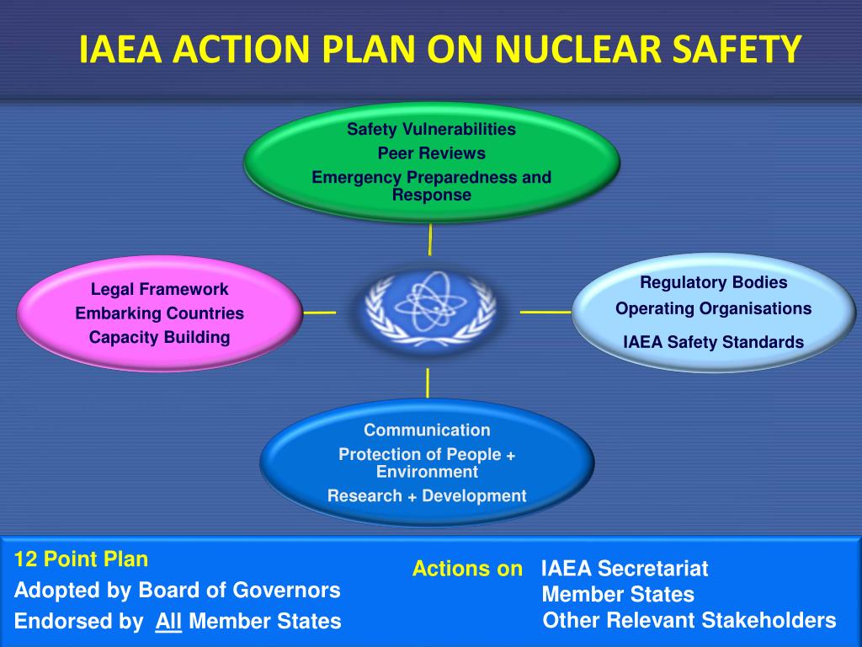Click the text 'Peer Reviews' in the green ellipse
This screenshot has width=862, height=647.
click(x=431, y=153)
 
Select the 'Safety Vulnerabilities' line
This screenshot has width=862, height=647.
click(x=431, y=130)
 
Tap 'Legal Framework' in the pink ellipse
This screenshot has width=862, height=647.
click(x=159, y=290)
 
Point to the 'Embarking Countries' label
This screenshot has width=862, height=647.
click(x=159, y=313)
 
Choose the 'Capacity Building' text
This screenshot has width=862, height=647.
click(x=159, y=337)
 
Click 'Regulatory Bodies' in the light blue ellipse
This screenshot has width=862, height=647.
click(x=713, y=282)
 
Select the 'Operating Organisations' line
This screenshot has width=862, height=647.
click(x=713, y=308)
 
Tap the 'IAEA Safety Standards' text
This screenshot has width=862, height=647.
click(x=713, y=342)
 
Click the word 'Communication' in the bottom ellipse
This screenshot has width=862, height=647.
click(x=427, y=430)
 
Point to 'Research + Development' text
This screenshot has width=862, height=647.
click(x=427, y=495)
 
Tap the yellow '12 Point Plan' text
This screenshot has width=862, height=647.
click(x=81, y=559)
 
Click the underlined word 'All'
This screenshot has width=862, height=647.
click(x=168, y=622)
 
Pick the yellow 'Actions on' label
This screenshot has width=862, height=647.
click(x=467, y=569)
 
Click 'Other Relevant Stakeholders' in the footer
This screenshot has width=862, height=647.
click(x=689, y=621)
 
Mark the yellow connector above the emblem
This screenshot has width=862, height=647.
click(x=430, y=239)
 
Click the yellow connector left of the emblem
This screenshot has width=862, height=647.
click(x=319, y=313)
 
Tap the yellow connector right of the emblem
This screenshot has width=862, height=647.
click(x=545, y=312)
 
